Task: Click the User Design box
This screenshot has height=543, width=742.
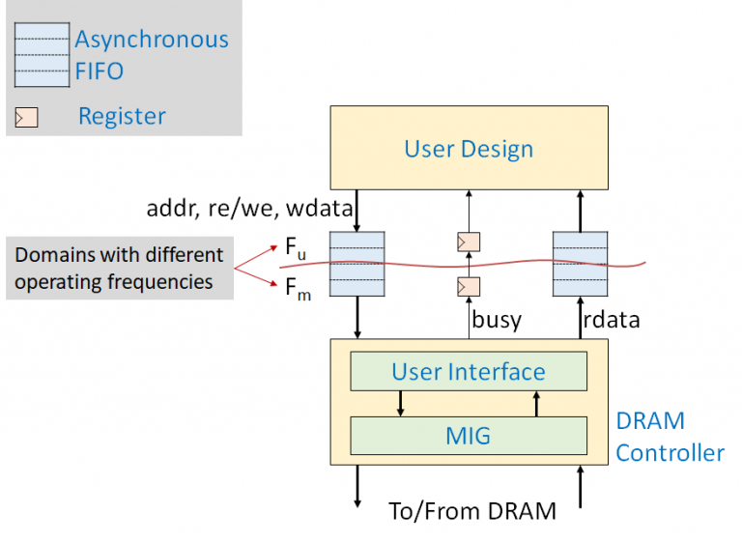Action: coord(469,148)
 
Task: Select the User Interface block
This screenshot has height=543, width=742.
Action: coord(469,372)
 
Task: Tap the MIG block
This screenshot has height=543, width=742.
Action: coord(469,435)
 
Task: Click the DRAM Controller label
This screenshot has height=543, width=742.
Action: coord(670,437)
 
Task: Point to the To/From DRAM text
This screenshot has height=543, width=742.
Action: coord(471,511)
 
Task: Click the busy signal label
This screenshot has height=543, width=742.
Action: coord(497,320)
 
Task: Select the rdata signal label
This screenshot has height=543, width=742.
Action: coord(612,320)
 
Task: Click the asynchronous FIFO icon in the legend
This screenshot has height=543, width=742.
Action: coord(42,55)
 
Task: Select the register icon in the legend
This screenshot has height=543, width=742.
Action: coord(26,118)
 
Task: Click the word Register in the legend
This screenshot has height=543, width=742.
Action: coord(122,117)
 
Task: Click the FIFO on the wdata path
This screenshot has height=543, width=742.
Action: coord(357,263)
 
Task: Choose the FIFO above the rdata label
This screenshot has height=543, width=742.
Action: coord(580,263)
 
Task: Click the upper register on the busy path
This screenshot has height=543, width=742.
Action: coord(469,241)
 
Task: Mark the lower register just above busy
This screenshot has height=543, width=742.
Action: coord(469,287)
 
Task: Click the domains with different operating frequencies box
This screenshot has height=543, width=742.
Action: coord(120,268)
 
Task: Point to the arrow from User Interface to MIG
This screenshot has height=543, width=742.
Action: coord(400,403)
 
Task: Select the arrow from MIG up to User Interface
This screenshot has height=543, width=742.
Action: coord(536,403)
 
